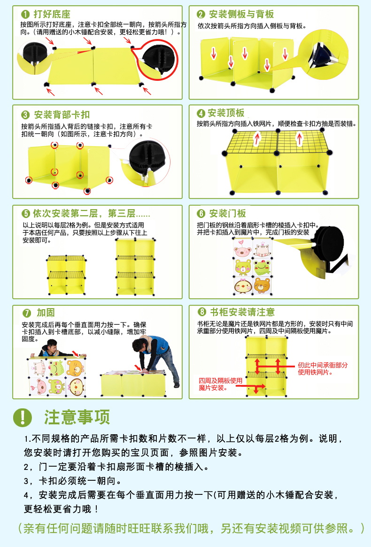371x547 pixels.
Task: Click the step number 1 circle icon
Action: [25, 14]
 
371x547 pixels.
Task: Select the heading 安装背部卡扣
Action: [62, 115]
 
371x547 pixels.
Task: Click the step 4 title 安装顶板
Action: [226, 113]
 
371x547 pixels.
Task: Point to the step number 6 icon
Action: [201, 214]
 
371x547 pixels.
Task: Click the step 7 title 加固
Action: [46, 313]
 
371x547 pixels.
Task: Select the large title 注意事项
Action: [77, 417]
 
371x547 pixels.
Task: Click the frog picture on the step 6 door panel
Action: [262, 266]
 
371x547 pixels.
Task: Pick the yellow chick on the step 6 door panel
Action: [242, 285]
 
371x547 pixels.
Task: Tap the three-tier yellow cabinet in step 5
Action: [135, 267]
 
